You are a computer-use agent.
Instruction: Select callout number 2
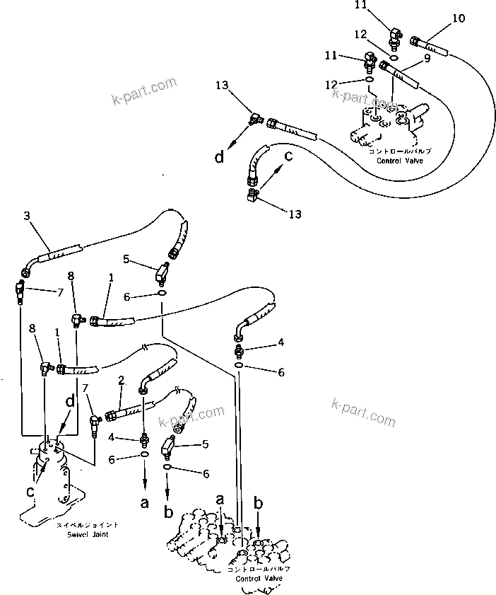122,380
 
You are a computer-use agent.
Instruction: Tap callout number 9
426,59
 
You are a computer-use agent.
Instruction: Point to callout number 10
459,18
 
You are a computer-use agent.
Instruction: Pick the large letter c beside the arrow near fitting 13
288,156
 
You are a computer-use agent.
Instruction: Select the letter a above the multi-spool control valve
220,499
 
